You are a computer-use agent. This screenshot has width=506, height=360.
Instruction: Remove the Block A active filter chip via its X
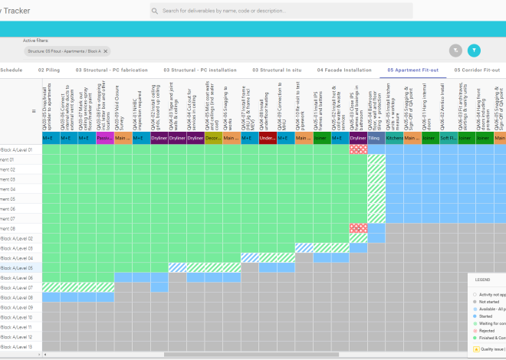105,51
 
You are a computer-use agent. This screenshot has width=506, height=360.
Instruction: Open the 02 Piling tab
49,70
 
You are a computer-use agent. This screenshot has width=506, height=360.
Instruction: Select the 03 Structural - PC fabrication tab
111,70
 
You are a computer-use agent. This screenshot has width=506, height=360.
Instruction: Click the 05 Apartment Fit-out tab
412,70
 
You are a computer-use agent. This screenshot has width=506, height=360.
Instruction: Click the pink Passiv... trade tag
105,139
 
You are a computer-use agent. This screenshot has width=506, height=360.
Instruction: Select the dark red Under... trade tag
268,139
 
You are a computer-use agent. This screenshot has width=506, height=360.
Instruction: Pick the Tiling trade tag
376,139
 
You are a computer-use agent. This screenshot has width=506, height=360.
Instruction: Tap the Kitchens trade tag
394,139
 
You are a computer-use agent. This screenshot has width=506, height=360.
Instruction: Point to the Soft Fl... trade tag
448,139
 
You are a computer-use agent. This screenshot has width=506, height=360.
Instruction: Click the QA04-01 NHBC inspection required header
141,107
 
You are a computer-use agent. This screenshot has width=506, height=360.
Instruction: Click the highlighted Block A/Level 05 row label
15,268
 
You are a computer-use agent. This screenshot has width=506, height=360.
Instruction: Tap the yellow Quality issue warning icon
478,347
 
